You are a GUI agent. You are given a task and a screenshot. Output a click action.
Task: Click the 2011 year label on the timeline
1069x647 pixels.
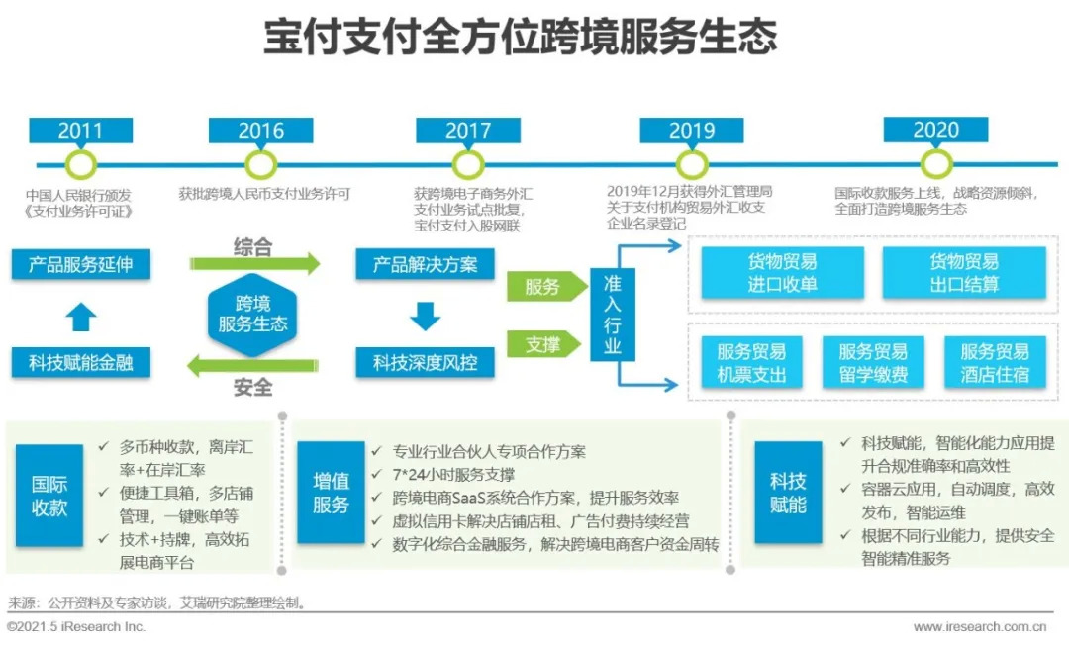80,130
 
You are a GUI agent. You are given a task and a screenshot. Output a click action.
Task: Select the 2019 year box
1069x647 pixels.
691,130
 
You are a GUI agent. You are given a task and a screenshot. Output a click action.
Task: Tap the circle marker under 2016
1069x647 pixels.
260,163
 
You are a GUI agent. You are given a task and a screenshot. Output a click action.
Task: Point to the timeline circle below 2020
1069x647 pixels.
935,163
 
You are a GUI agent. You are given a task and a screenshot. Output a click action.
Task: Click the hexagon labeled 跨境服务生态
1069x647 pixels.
252,313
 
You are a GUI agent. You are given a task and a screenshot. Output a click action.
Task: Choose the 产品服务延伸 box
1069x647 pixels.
80,265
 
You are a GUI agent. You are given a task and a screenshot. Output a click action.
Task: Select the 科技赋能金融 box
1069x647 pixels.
80,362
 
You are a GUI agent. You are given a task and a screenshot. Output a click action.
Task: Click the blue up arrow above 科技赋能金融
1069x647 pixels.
81,317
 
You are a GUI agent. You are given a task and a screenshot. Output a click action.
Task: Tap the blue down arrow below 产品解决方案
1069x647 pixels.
425,316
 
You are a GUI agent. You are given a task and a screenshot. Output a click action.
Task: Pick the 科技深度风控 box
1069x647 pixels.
425,362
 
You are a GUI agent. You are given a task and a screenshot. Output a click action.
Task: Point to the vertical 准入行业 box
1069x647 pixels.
613,314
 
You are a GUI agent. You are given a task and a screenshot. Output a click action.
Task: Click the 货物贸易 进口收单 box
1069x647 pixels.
782,273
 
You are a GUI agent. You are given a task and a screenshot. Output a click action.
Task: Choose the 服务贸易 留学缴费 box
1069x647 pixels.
873,363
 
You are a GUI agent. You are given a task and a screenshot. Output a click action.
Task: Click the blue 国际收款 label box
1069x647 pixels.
49,495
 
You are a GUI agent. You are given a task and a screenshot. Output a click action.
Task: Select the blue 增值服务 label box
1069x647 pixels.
332,493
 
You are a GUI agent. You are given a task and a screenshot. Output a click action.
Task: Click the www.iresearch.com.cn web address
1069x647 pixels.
980,626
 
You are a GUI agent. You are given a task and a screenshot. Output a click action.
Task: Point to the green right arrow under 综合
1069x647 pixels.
255,264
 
